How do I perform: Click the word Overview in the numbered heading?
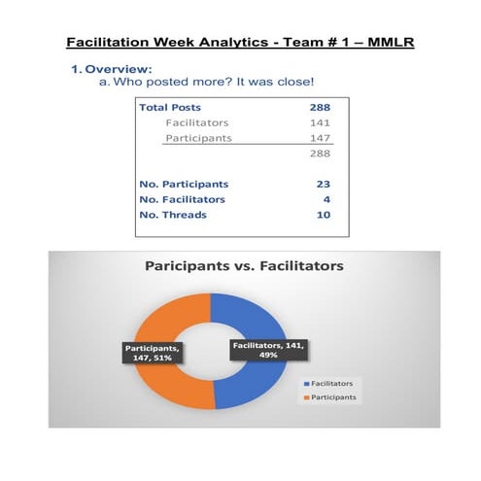(118, 70)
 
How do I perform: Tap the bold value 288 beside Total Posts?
(319, 108)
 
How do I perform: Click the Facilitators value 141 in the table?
(320, 123)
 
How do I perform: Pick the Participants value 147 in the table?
(320, 139)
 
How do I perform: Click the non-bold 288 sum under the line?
(320, 155)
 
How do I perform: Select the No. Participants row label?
(185, 184)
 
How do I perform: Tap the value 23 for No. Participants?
(324, 184)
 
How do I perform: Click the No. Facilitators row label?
(182, 199)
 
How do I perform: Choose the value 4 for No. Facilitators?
(326, 199)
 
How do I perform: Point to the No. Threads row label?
(173, 215)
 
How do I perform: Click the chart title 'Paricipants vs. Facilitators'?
(244, 265)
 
